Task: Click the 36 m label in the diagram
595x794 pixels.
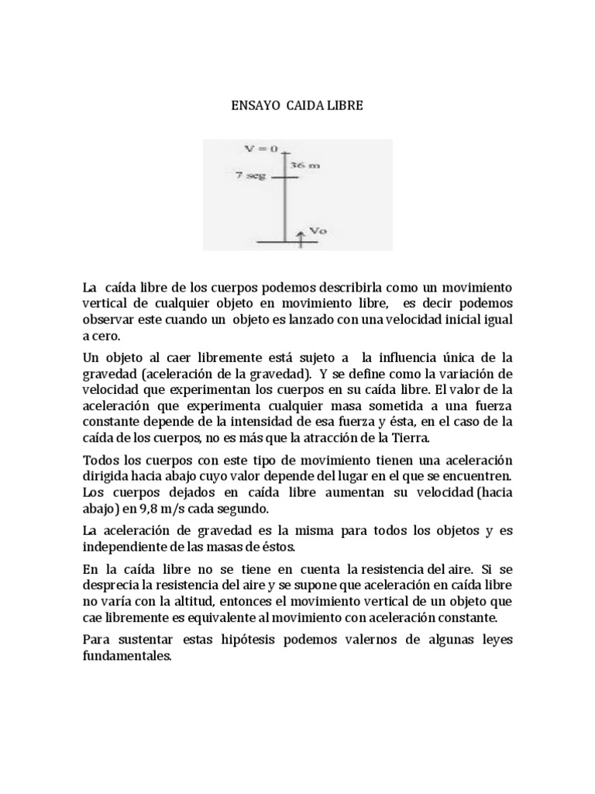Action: pos(304,165)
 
